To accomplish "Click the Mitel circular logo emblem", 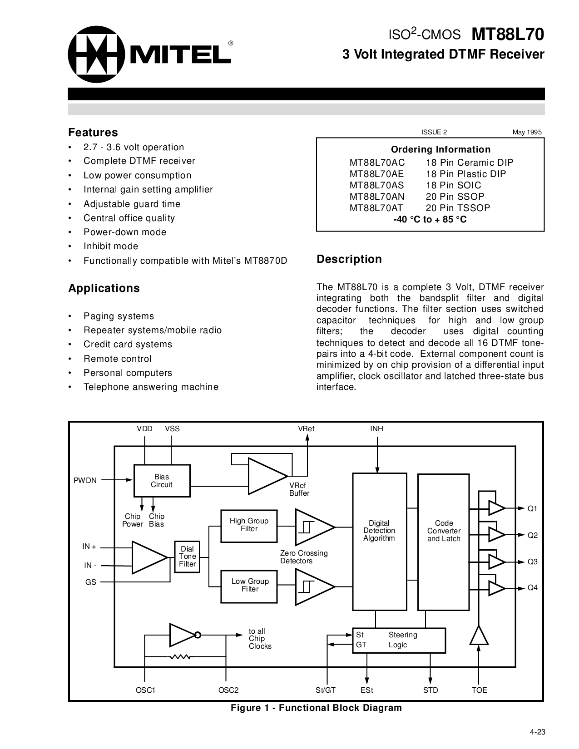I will pos(96,54).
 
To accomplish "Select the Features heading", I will pos(93,133).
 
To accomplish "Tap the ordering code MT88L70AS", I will pos(376,185).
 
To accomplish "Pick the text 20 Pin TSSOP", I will pos(458,208).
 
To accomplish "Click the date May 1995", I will pos(527,133).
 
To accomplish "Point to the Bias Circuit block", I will pos(162,481).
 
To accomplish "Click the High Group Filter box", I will pos(249,526).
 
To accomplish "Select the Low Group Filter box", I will pos(249,586).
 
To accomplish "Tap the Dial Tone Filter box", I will pos(187,557).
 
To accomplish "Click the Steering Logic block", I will pos(399,640).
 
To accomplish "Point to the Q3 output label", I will pos(532,562).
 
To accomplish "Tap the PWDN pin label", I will pos(85,480).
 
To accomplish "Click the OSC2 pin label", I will pos(228,690).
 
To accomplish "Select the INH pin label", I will pos(376,429).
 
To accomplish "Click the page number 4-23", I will pos(537,732).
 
